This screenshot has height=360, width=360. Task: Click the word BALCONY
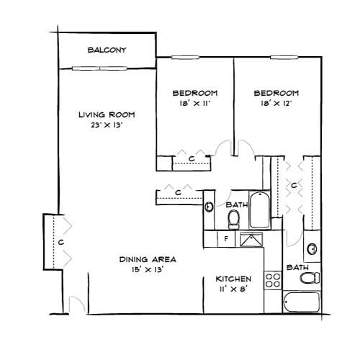coord(107,50)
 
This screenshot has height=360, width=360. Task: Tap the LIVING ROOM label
coord(107,114)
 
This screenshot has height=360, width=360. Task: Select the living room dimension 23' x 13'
coord(107,126)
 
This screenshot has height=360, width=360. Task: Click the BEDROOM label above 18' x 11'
coord(194,93)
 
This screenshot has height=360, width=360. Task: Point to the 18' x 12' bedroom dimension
coord(276,104)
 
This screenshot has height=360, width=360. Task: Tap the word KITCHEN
coord(233,279)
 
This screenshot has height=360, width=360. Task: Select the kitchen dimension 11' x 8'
coord(233,289)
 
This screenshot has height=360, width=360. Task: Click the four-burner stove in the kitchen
coord(272,279)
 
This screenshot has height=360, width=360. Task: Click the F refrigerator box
coord(225,238)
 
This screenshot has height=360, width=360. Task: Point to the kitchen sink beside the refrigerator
coord(251,240)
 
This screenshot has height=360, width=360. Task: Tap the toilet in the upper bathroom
coord(233,218)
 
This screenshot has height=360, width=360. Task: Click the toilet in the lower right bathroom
coord(309,278)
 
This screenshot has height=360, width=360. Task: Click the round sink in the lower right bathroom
coord(312,250)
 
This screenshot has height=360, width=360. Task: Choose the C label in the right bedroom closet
coord(294,185)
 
